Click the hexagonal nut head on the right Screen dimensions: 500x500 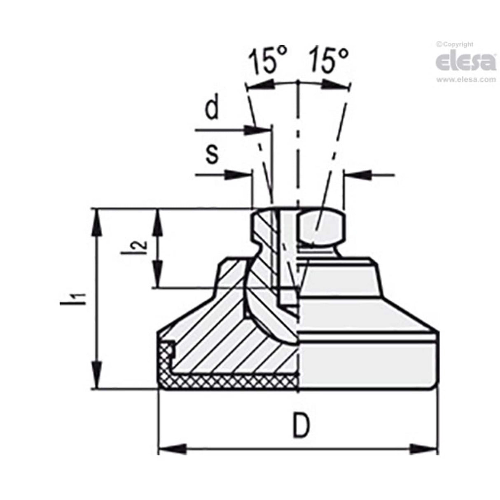[320, 227]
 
